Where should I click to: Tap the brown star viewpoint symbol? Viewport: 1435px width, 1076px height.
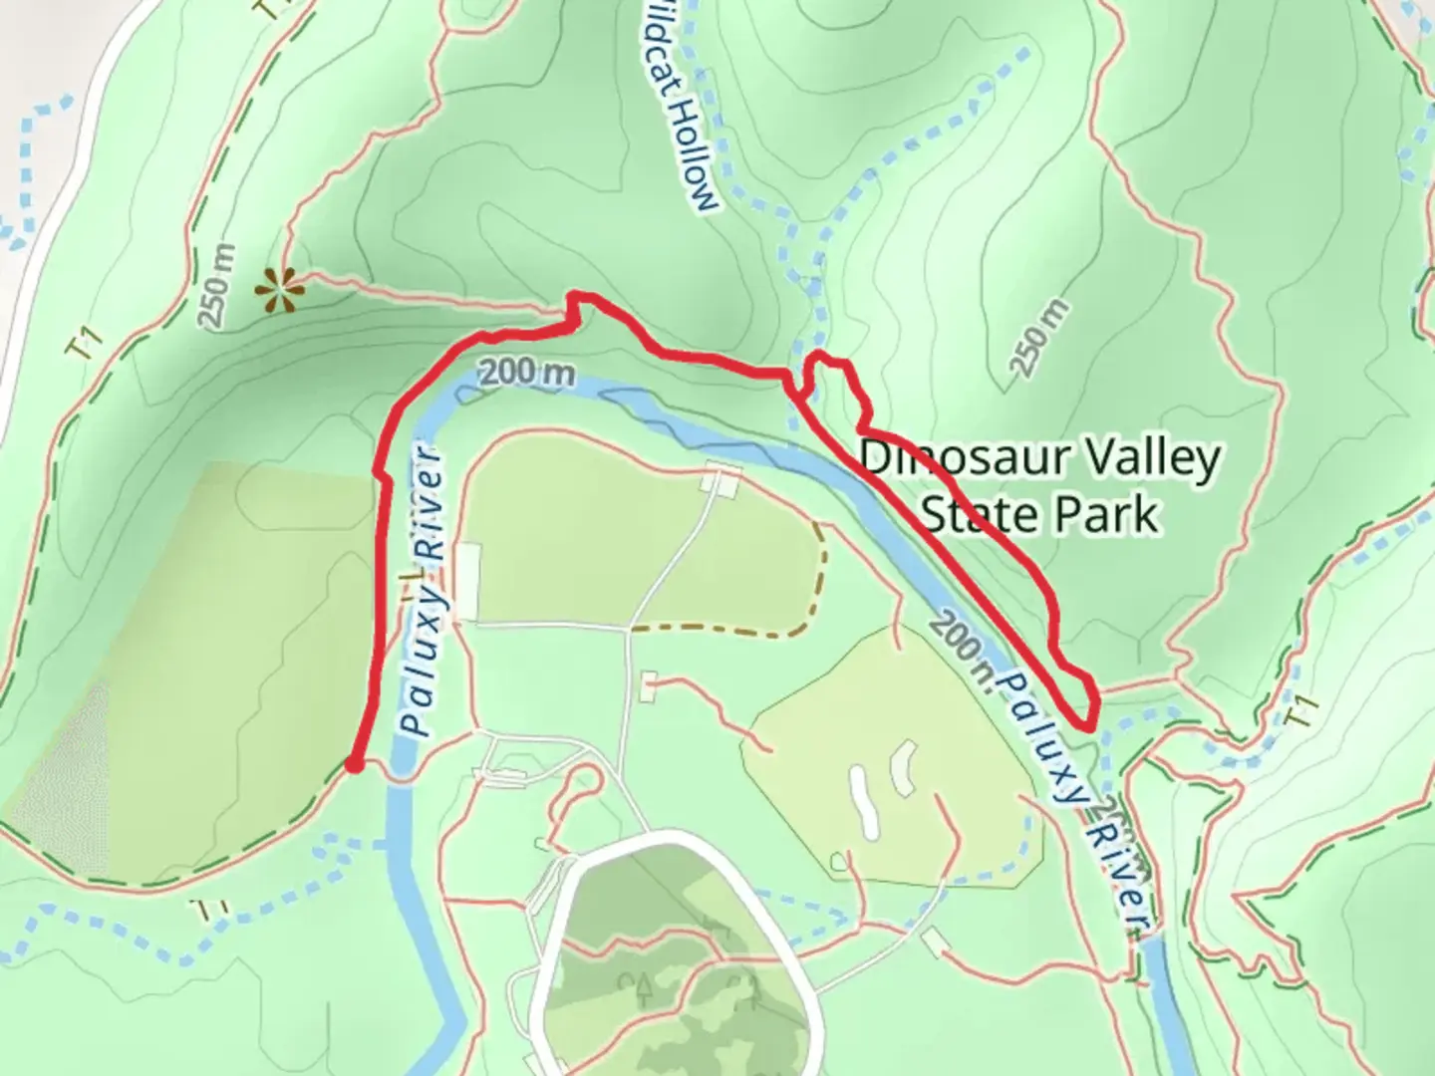coord(279,290)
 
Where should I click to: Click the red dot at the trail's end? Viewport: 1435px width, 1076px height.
coord(353,765)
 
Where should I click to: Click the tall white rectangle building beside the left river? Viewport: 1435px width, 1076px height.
coord(467,582)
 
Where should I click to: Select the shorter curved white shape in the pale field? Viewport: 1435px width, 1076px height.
coord(903,768)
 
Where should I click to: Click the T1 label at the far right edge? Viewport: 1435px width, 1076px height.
coord(1304,713)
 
